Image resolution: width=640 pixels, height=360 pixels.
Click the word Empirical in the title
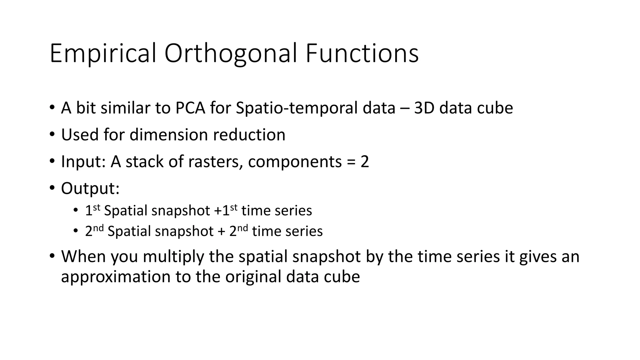[x=102, y=54]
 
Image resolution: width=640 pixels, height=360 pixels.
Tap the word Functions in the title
[x=362, y=54]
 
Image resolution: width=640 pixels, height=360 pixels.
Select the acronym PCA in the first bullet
[x=190, y=108]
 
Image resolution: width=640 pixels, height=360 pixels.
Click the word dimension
[x=168, y=135]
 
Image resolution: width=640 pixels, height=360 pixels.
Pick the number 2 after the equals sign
[x=365, y=162]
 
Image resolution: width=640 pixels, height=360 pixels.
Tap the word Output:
[x=90, y=189]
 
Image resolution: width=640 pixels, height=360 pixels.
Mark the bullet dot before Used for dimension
[x=52, y=134]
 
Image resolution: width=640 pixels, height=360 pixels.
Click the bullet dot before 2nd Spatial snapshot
[x=75, y=231]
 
